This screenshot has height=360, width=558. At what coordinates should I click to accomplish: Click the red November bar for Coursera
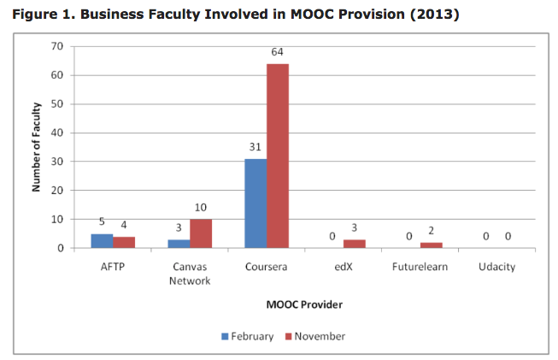pyautogui.click(x=278, y=156)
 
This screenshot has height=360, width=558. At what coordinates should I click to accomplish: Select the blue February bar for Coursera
pyautogui.click(x=256, y=204)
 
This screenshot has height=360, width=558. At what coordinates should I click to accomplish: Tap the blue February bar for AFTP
pyautogui.click(x=102, y=241)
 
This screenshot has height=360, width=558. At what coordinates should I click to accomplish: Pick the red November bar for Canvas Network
pyautogui.click(x=200, y=233)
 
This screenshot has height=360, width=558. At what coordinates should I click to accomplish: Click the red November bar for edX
pyautogui.click(x=355, y=244)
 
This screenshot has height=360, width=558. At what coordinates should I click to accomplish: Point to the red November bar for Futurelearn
pyautogui.click(x=432, y=245)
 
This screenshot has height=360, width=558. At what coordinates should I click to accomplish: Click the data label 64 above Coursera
pyautogui.click(x=278, y=53)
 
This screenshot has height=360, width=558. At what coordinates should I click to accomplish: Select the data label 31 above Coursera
pyautogui.click(x=255, y=148)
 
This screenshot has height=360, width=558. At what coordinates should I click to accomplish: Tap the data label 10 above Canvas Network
pyautogui.click(x=200, y=208)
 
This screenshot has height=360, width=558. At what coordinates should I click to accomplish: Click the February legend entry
pyautogui.click(x=248, y=336)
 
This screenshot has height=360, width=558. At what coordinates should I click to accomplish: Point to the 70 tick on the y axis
pyautogui.click(x=57, y=46)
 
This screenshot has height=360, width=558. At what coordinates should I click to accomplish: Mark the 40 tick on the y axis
pyautogui.click(x=57, y=133)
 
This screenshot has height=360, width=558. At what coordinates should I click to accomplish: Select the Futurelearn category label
pyautogui.click(x=420, y=268)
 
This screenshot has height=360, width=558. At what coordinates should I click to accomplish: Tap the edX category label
pyautogui.click(x=344, y=268)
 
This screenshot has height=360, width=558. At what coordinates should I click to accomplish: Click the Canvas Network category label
pyautogui.click(x=190, y=274)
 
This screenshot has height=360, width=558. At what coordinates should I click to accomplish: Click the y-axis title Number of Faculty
pyautogui.click(x=37, y=146)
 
